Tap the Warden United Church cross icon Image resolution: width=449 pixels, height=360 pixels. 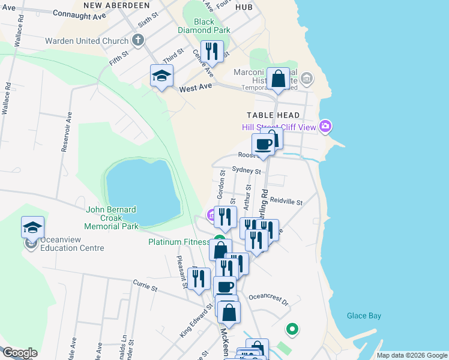138,41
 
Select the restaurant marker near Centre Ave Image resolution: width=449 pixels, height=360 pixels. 212,52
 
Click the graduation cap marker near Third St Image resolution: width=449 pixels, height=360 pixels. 161,76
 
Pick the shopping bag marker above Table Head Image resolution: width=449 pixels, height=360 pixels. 278,79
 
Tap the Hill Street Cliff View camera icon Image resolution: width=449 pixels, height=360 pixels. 325,126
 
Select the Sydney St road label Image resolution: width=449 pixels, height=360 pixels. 246,171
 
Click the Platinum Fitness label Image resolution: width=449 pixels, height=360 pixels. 179,242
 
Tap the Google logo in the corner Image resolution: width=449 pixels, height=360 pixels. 20,353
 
